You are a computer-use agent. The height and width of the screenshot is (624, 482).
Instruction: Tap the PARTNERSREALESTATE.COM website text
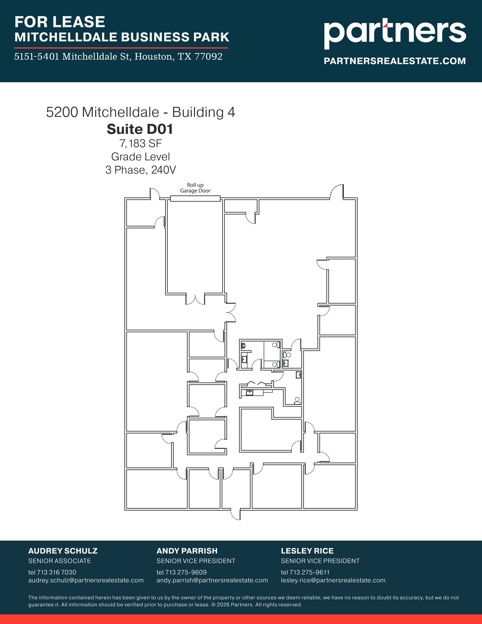(395, 61)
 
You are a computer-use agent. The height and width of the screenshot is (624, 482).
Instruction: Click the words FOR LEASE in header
(60, 22)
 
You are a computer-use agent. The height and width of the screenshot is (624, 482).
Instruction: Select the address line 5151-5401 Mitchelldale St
(118, 57)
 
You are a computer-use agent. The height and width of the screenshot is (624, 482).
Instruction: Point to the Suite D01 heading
(140, 129)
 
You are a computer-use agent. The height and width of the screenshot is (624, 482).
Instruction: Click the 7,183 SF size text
(140, 143)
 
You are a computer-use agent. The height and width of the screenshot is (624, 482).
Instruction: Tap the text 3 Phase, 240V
(140, 170)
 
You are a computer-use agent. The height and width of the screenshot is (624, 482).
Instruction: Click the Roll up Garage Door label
(195, 188)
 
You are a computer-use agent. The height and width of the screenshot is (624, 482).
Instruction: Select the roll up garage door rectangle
(195, 199)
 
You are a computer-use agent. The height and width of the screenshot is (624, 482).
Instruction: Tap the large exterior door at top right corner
(337, 192)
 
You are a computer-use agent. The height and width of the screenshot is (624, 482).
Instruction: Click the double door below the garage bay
(195, 300)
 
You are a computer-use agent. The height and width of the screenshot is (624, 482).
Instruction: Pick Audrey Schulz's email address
(86, 580)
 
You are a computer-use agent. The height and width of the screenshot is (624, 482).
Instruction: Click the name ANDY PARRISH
(187, 551)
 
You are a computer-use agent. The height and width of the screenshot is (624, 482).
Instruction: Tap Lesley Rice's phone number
(305, 572)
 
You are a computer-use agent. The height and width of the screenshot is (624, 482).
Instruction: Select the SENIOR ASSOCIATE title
(60, 561)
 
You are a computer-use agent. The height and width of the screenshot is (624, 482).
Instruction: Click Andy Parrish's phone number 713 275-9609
(181, 572)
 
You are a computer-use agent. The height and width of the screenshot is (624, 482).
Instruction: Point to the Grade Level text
(140, 157)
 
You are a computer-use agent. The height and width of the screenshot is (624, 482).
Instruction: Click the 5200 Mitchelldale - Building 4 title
(140, 112)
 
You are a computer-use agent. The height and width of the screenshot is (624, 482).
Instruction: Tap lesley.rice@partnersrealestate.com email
(333, 580)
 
